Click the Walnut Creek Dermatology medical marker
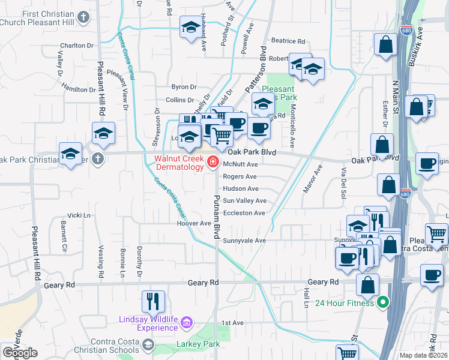click(x=212, y=162)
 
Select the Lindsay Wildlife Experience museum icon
click(x=186, y=323)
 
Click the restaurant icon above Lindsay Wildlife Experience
click(x=152, y=300)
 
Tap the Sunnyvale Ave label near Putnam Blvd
click(x=244, y=241)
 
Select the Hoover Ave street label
click(x=193, y=223)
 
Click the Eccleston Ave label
click(x=244, y=213)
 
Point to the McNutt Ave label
click(x=240, y=164)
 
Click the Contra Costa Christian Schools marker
click(x=148, y=346)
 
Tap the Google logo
click(x=20, y=353)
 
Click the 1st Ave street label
click(x=232, y=323)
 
